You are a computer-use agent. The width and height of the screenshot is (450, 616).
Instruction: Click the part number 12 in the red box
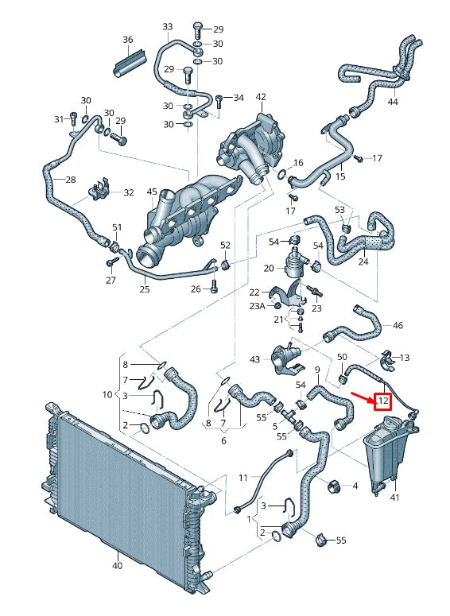(384, 401)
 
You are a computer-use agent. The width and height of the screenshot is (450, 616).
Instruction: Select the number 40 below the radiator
(117, 566)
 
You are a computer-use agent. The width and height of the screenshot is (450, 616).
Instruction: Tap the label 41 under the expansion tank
(394, 497)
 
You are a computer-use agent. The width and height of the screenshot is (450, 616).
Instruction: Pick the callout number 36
(128, 40)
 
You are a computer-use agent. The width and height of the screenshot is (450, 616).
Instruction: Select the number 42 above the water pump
(261, 97)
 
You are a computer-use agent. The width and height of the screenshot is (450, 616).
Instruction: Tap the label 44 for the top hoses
(393, 102)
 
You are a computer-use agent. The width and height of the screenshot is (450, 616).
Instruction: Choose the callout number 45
(152, 192)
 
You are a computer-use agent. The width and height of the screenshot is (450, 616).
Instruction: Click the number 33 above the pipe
(167, 26)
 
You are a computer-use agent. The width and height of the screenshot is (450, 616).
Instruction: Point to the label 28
(71, 180)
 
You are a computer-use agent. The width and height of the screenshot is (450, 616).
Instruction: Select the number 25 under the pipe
(145, 290)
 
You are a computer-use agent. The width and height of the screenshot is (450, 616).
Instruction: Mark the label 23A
(257, 306)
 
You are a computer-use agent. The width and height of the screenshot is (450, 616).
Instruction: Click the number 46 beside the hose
(398, 325)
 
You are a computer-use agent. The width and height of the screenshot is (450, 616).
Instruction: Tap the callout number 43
(254, 359)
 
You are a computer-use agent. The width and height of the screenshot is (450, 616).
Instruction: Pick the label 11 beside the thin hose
(243, 477)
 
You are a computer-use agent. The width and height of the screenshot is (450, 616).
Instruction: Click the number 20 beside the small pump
(269, 268)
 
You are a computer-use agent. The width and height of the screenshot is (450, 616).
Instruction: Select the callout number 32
(129, 192)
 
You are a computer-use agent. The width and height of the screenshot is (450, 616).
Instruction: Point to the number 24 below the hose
(363, 260)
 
